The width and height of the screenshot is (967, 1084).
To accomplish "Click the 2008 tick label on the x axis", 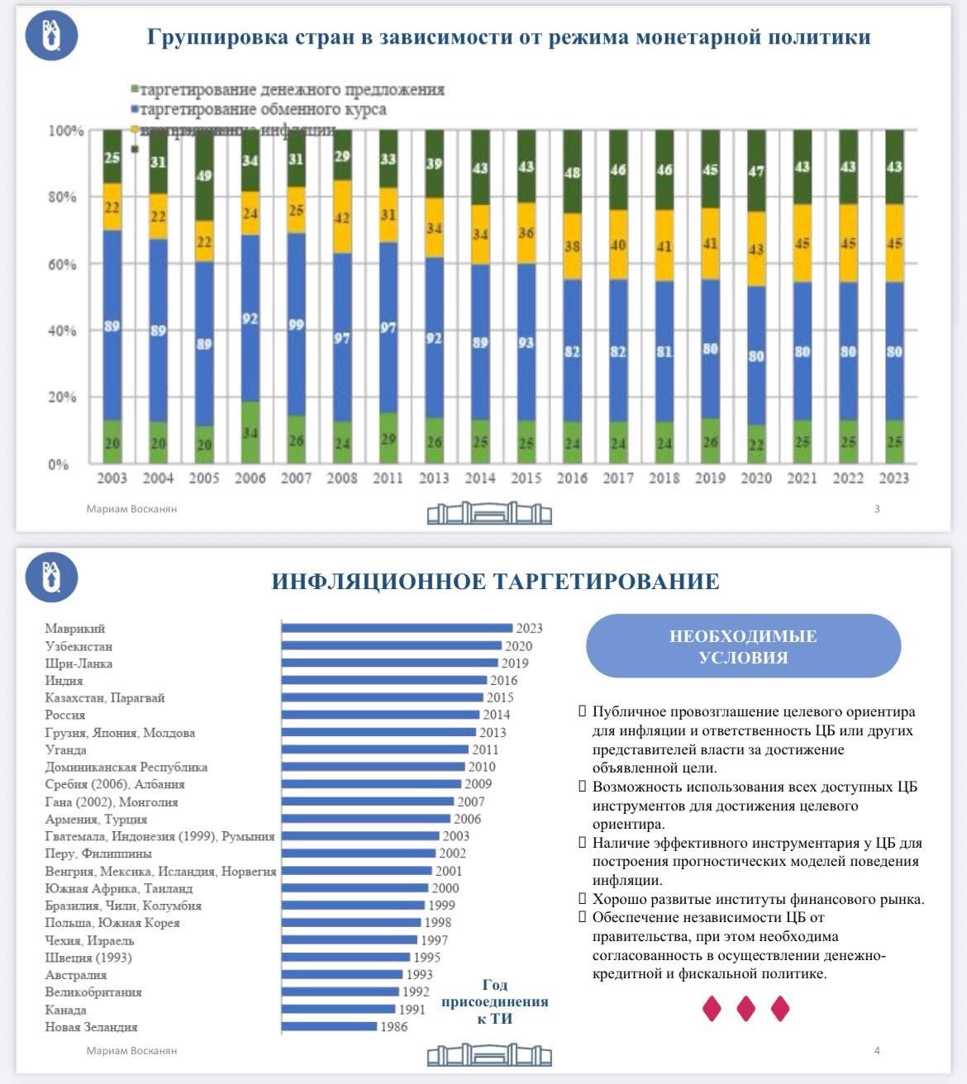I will (342, 478).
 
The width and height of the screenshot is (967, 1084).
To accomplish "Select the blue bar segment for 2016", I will (572, 351).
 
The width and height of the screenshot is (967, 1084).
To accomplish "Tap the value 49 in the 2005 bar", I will (204, 175).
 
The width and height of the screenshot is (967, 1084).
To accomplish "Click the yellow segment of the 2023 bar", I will (894, 244).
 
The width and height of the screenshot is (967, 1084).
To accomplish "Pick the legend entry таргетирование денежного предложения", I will (292, 89).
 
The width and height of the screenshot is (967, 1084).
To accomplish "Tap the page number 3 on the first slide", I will (877, 509).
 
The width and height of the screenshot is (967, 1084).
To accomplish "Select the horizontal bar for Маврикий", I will (397, 628).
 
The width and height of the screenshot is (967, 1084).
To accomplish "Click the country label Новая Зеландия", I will (91, 1027).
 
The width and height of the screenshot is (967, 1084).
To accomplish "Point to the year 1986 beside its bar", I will (393, 1027).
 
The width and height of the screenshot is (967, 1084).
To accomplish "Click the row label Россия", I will (65, 715).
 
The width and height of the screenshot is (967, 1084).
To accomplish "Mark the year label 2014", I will (496, 715).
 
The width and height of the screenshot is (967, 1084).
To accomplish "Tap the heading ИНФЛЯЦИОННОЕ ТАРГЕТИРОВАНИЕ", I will (496, 581).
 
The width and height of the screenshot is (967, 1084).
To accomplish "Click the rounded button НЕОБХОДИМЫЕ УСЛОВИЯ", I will (743, 646).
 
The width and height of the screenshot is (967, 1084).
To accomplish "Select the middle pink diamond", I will (745, 1008).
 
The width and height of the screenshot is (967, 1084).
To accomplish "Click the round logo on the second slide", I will (52, 576).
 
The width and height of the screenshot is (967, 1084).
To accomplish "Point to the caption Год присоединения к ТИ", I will (494, 1001).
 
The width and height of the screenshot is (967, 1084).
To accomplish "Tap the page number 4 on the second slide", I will (877, 1050).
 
